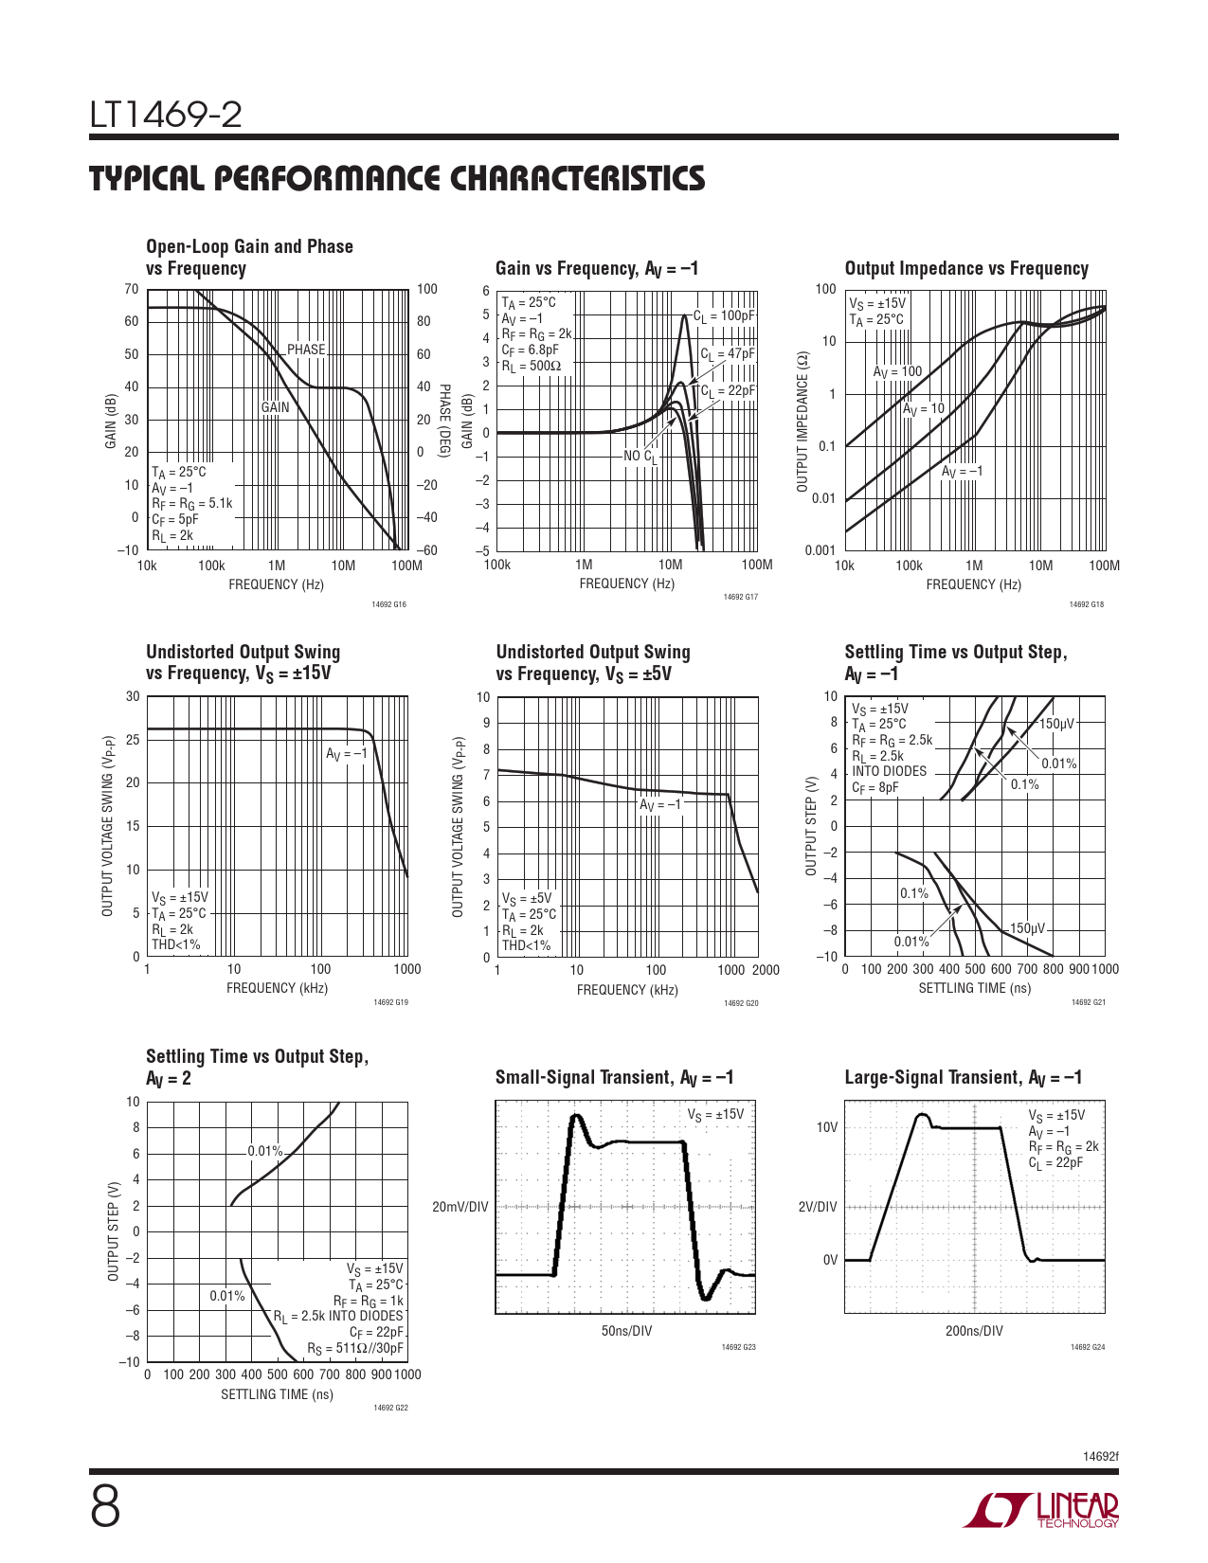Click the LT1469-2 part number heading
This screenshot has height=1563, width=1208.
[166, 116]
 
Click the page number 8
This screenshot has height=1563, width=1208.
[105, 1508]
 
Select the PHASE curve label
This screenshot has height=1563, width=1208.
[306, 350]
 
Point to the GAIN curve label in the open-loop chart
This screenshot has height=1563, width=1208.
[275, 407]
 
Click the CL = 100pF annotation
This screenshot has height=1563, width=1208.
[725, 316]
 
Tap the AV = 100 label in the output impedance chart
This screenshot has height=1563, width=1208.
[897, 372]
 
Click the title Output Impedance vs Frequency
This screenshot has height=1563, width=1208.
[966, 269]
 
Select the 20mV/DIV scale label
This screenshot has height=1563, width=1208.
[460, 1207]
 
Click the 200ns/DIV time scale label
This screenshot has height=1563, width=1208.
[974, 1331]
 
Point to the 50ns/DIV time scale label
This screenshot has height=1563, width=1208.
[626, 1331]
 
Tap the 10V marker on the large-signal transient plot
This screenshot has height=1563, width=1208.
[827, 1127]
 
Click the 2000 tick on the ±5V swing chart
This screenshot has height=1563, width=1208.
[766, 970]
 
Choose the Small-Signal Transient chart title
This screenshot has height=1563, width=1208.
[615, 1078]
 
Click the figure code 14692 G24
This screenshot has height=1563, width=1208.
[1088, 1347]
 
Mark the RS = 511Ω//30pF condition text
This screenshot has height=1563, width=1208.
[355, 1349]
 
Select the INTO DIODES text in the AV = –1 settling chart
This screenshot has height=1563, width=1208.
[889, 771]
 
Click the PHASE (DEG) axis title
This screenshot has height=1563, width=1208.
[443, 422]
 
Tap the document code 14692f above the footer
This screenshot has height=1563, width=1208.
[1100, 1456]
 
